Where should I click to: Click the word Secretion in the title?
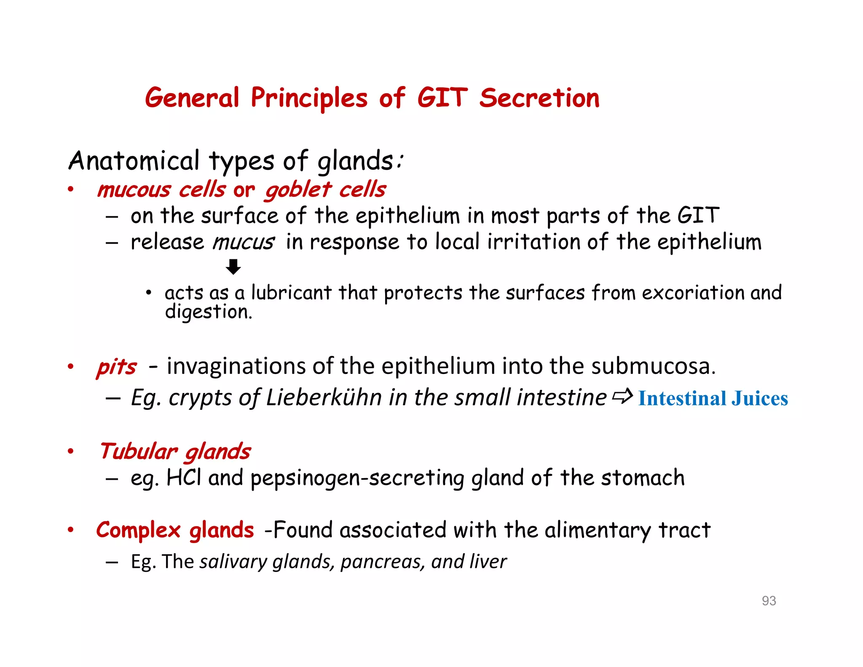click(x=539, y=98)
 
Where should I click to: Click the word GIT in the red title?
click(x=442, y=98)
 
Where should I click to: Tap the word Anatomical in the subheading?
click(x=134, y=161)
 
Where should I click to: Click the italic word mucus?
click(x=243, y=242)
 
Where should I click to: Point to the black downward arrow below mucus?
click(x=233, y=267)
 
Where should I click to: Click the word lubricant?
click(x=291, y=293)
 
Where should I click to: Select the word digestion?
click(x=208, y=312)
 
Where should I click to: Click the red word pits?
click(x=116, y=366)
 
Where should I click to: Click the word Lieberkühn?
click(x=324, y=398)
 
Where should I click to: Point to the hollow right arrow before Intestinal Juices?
click(x=622, y=396)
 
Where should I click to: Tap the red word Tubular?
click(x=138, y=451)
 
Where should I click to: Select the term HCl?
click(x=183, y=478)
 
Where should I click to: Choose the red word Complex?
click(x=138, y=530)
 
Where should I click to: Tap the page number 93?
click(x=769, y=600)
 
